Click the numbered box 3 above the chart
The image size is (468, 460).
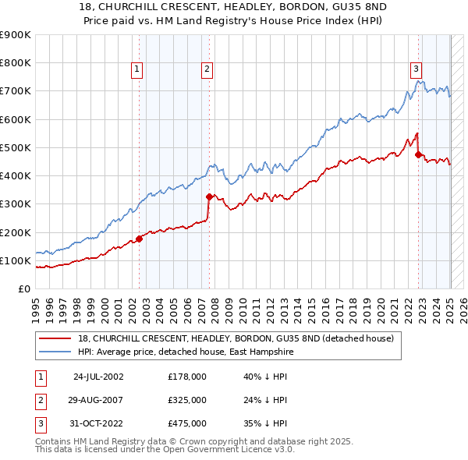pos(417,69)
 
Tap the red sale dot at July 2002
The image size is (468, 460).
pos(140,239)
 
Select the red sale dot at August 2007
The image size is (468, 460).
pos(209,197)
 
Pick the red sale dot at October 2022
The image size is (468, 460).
pos(419,154)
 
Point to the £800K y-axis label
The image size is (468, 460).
pos(16,63)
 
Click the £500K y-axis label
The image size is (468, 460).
pos(16,147)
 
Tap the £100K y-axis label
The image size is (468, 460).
pos(16,260)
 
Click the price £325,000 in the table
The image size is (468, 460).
pos(187,400)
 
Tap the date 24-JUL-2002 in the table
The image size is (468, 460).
pos(98,377)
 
